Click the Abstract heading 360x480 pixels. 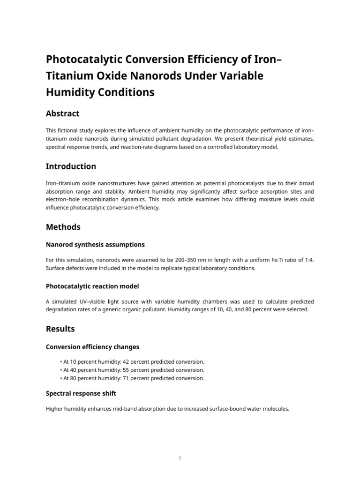click(62, 113)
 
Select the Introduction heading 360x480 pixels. click(71, 166)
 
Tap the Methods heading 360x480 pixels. click(63, 227)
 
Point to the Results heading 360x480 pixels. click(60, 329)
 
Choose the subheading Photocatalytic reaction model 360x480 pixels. click(92, 286)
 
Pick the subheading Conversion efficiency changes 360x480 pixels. click(92, 347)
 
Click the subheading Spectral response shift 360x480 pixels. click(81, 393)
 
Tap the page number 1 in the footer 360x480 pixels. click(180, 458)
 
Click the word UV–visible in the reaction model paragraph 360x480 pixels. click(88, 301)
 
